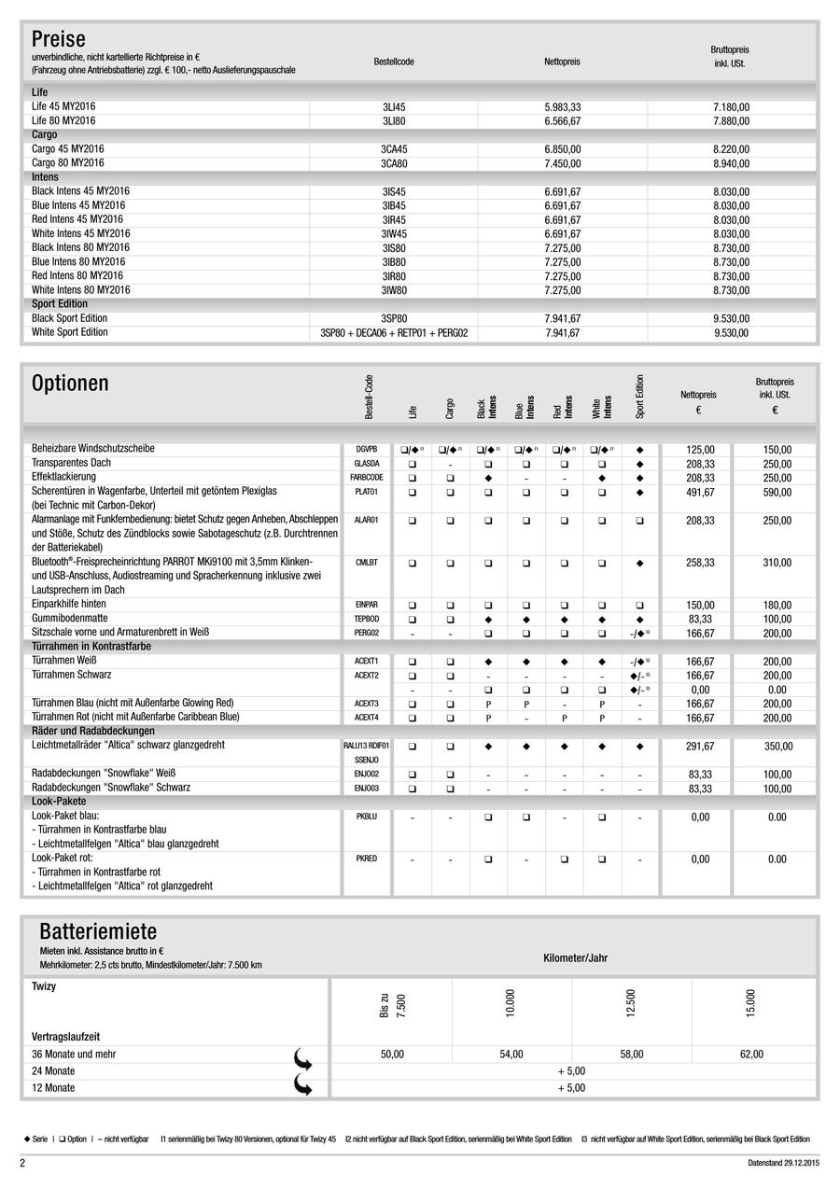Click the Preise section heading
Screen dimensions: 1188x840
pos(58,39)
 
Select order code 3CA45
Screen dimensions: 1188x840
pos(394,149)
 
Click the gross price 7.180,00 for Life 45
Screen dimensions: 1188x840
pos(731,107)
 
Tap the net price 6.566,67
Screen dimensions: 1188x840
pos(562,121)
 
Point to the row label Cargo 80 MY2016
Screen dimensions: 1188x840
pos(68,163)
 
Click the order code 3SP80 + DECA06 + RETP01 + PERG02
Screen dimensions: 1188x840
pos(394,332)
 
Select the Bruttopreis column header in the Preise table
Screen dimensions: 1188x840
pos(730,56)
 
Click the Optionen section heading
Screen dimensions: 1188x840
pos(70,384)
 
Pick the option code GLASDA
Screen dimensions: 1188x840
pos(367,463)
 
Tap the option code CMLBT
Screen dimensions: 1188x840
pos(367,563)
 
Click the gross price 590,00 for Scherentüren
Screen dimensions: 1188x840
pos(777,492)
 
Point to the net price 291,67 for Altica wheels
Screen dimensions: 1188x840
pos(700,748)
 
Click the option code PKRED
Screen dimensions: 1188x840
pos(367,859)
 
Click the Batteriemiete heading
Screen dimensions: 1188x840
pos(98,931)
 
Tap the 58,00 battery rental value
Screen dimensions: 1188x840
pos(632,1055)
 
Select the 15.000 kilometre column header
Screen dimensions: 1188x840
pos(751,1003)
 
